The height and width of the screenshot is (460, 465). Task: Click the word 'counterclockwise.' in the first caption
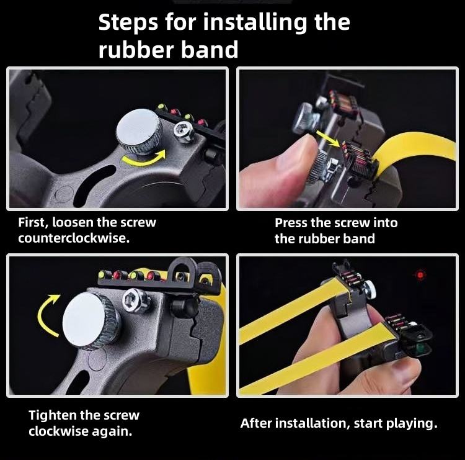click(x=74, y=238)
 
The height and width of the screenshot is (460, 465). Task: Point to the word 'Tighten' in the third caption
click(x=52, y=415)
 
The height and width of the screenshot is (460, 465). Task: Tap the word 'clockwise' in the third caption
click(x=58, y=431)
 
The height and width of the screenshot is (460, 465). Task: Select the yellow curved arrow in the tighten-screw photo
click(x=48, y=315)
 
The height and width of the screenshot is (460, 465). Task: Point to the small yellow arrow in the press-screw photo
click(x=328, y=138)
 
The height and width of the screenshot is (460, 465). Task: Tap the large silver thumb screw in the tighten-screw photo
click(x=91, y=320)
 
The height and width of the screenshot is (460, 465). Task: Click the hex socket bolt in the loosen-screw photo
click(x=184, y=132)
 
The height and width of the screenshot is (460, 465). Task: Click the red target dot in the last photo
click(x=420, y=275)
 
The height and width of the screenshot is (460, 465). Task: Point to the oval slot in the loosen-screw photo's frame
click(x=95, y=184)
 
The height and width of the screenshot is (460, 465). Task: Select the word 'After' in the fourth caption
click(x=255, y=423)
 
